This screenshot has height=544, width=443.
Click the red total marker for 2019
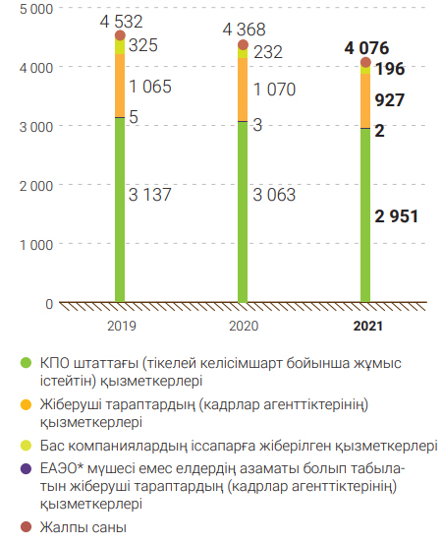point(120,35)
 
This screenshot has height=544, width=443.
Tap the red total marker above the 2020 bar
point(243,44)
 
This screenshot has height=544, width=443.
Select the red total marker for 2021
point(365,62)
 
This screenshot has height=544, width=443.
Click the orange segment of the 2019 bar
point(120,86)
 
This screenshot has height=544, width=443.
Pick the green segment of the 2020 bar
point(243,212)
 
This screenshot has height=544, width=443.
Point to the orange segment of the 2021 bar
point(365,100)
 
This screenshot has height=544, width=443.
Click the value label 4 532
point(121,22)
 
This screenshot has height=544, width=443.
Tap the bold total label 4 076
point(366,48)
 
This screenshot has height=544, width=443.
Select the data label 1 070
point(274,90)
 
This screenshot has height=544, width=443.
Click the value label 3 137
point(150,195)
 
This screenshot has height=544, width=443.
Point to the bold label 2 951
point(397,216)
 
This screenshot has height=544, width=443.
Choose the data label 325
point(143,45)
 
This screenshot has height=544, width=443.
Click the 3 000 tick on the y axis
point(36,127)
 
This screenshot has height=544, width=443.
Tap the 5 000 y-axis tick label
point(36,9)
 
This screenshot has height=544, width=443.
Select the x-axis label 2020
point(244,327)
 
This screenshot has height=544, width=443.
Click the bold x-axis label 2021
point(367,327)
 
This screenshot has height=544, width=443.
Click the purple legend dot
point(26,468)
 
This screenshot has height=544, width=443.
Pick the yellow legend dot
point(26,446)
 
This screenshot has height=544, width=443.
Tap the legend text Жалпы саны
point(83,527)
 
